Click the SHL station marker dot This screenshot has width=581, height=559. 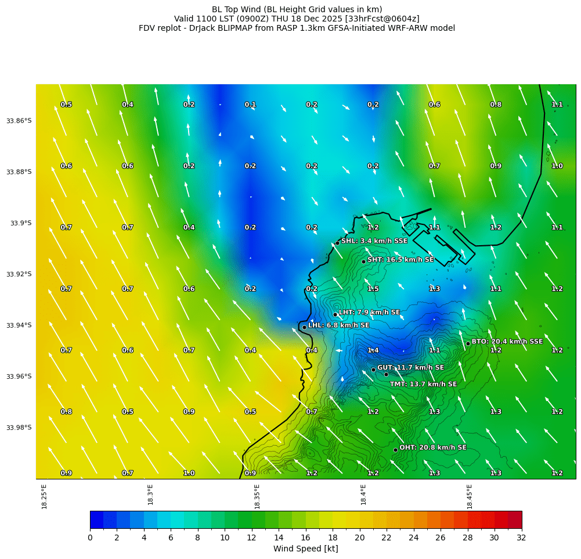click(337, 243)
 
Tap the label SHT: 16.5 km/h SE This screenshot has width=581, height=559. click(400, 260)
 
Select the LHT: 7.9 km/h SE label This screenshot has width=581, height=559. click(369, 312)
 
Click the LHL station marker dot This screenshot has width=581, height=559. click(304, 327)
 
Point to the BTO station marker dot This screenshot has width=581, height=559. click(468, 343)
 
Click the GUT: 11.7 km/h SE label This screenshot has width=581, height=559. click(410, 368)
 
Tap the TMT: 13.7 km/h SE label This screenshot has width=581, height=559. click(423, 384)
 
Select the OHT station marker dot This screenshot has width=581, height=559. click(395, 450)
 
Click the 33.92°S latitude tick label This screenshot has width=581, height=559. click(19, 274)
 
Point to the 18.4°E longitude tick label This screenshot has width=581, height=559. click(363, 497)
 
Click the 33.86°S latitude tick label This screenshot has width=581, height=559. click(19, 120)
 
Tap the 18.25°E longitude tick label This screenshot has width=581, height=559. click(45, 497)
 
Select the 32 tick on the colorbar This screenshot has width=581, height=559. click(521, 538)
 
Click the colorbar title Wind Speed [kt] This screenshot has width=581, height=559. click(305, 549)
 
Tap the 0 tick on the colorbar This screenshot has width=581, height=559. click(90, 538)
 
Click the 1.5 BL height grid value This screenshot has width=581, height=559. click(373, 289)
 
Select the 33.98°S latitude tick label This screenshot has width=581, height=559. click(19, 427)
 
